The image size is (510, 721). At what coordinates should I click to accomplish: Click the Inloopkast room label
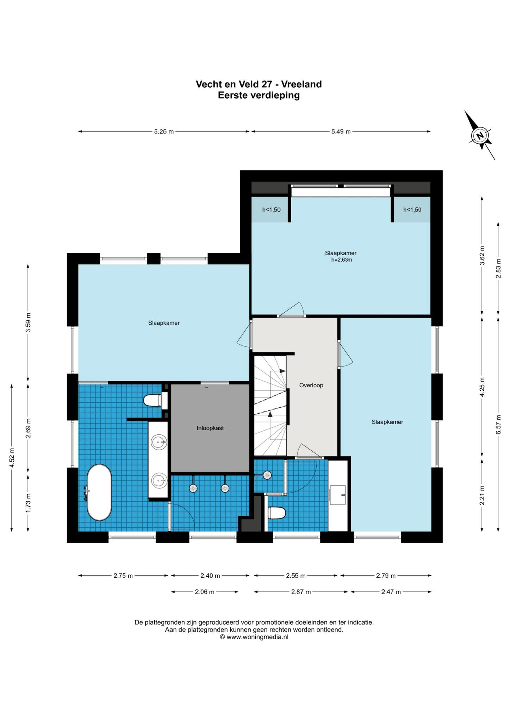210,428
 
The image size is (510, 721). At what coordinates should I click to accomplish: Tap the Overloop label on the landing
311,385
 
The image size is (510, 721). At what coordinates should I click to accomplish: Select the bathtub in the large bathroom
99,492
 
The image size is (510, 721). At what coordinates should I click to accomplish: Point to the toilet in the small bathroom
276,513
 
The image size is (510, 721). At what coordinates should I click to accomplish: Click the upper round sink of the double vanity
159,442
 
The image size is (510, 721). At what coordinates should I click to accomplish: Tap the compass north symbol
479,136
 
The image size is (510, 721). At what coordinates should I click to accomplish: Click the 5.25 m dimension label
164,132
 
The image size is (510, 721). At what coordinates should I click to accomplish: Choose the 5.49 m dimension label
341,132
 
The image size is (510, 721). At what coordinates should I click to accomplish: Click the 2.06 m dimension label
205,592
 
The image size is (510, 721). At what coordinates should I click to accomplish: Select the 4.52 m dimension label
12,458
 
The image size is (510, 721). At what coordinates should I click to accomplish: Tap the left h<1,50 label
271,210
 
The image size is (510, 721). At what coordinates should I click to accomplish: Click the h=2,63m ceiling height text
341,260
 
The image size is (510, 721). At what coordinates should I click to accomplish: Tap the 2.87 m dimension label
301,592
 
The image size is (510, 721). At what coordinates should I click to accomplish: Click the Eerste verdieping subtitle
259,95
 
